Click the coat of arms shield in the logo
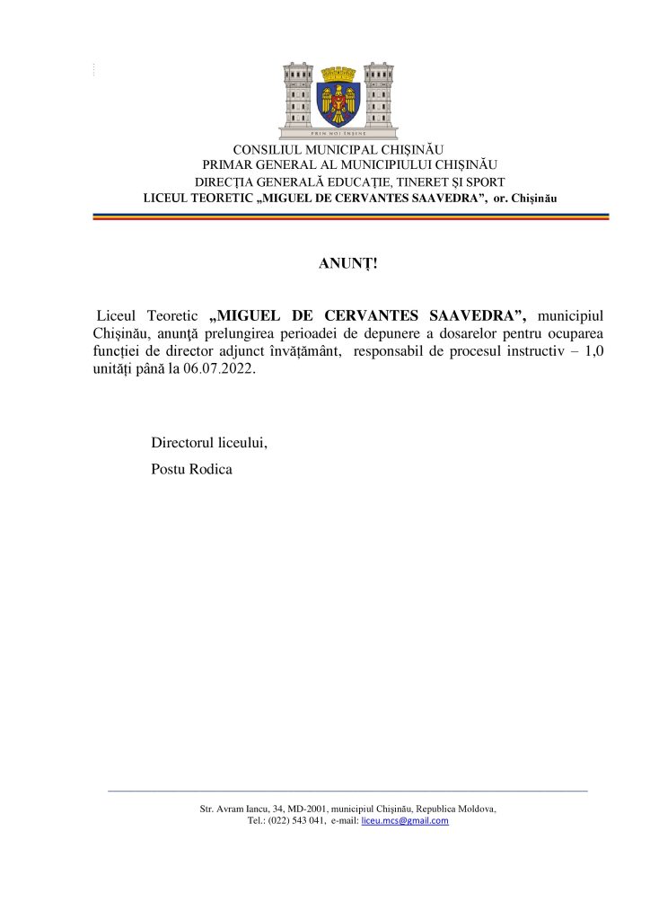point(338,97)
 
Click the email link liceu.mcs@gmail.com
point(404,821)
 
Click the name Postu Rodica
point(192,469)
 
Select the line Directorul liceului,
point(210,444)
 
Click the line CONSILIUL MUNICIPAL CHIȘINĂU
point(338,149)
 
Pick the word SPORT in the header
point(484,181)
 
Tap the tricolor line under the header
point(351,217)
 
